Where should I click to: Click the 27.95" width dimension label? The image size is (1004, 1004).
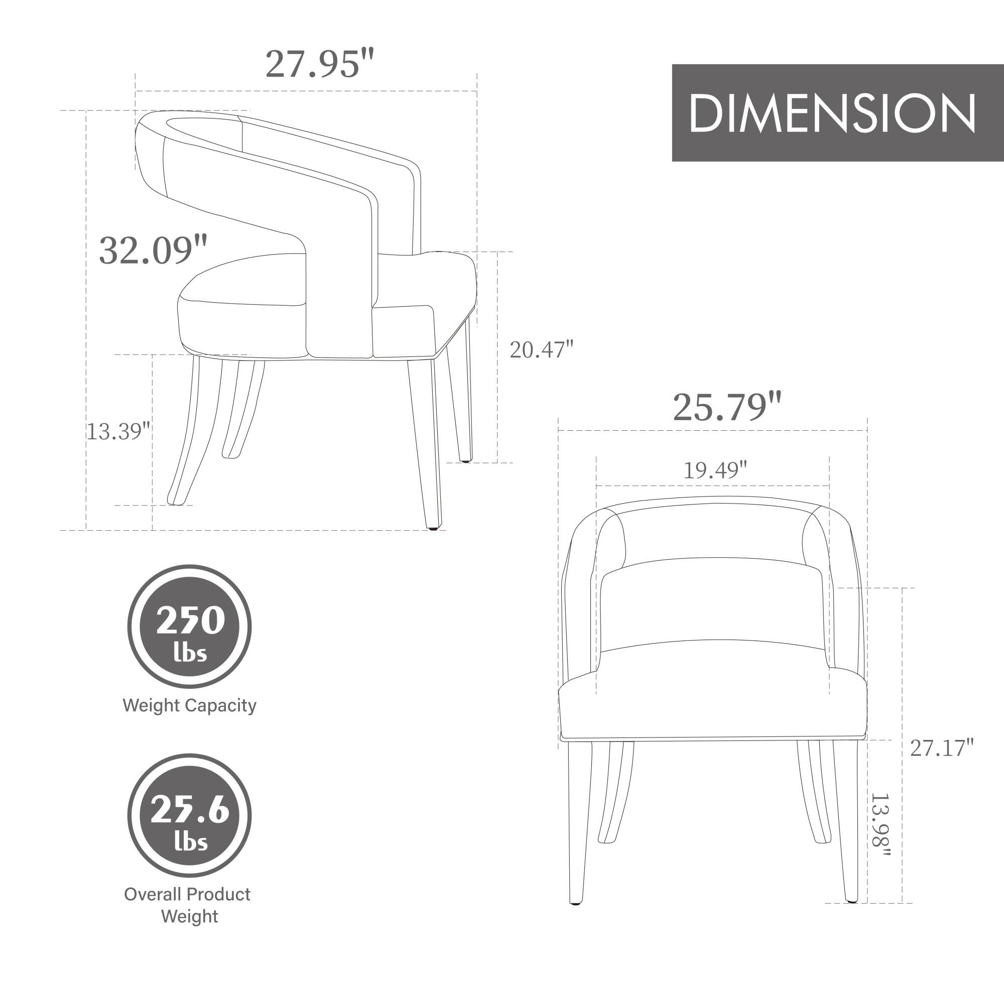coord(319,64)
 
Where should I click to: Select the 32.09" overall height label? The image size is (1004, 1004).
coord(153,250)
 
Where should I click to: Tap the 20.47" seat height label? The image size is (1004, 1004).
coord(541,350)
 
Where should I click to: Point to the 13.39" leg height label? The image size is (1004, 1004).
coord(117,431)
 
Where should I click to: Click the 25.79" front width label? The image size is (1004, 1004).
coord(726,407)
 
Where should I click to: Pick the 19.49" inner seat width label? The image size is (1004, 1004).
coord(714,470)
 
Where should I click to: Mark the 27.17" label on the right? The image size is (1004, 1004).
coord(941,748)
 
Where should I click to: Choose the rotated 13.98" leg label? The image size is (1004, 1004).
coord(881,826)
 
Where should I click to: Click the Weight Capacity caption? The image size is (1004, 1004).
coord(189,705)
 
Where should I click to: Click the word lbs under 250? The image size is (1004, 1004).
coord(190,653)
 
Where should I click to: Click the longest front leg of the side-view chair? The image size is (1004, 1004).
coord(426,442)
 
